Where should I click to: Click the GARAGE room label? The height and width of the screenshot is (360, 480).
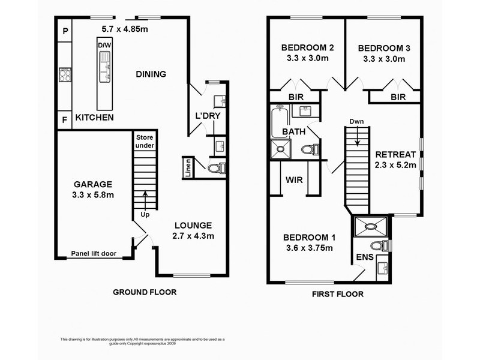tap(93, 184)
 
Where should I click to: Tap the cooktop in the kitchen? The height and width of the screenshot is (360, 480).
tap(65, 74)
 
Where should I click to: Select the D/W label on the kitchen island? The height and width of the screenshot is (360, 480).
tap(104, 46)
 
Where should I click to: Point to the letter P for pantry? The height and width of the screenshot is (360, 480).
tap(65, 31)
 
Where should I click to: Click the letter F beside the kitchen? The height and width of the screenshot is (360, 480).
tap(65, 119)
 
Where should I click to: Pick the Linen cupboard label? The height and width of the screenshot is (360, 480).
tap(188, 168)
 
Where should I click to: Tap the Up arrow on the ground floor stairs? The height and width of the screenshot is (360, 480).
tap(145, 200)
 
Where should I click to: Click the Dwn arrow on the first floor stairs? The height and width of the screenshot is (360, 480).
tap(357, 137)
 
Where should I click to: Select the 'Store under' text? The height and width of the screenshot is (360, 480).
tap(145, 142)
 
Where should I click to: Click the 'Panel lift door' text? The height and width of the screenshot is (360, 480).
tap(94, 253)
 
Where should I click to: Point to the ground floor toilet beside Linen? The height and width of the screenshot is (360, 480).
tap(217, 168)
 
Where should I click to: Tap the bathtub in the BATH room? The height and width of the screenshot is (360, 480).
tap(280, 121)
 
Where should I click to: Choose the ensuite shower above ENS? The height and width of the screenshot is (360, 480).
tap(370, 227)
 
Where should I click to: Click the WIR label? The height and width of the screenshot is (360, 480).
tap(294, 179)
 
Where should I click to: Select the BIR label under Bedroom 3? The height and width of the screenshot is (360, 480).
tap(398, 97)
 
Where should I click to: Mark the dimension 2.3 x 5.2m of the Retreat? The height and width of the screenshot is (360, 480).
tap(395, 165)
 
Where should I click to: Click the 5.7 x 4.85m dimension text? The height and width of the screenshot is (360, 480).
tap(125, 29)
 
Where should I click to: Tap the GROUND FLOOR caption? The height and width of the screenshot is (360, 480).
tap(145, 292)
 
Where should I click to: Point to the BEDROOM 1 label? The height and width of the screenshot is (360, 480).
tap(309, 237)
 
